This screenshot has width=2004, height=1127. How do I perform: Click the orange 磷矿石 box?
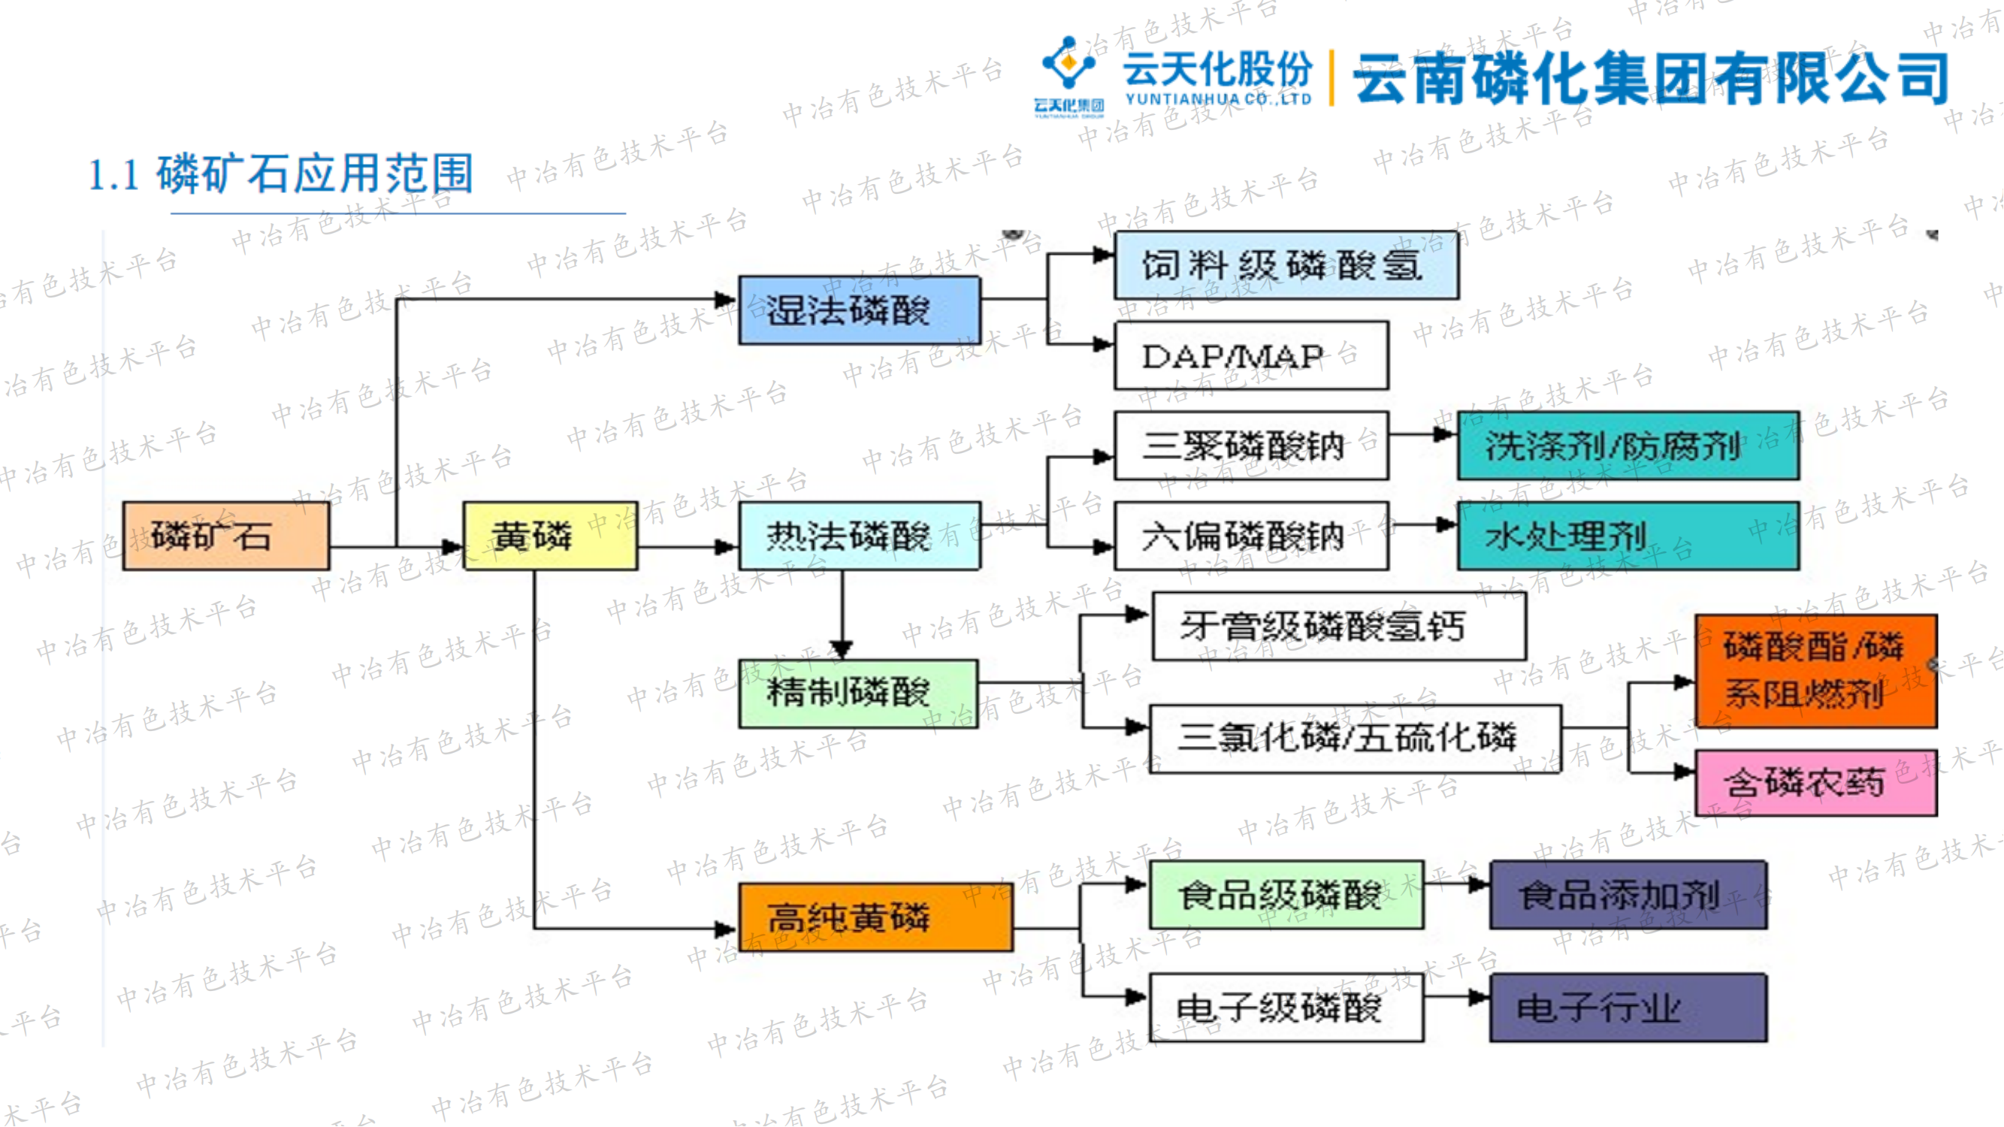coord(225,536)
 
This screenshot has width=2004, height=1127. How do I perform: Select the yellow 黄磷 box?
coord(550,536)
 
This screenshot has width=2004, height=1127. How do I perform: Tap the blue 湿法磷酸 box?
coord(859,310)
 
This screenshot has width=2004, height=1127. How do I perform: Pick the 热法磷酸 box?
coord(859,536)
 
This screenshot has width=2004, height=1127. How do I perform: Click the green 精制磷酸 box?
coord(858,693)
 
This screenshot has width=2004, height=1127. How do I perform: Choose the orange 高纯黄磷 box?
coord(875,917)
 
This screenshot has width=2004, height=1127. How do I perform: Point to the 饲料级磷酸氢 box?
coord(1286,265)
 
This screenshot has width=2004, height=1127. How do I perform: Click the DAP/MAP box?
coord(1251,355)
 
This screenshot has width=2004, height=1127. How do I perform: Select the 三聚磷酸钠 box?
coord(1251,446)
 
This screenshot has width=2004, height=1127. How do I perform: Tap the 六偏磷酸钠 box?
coord(1251,536)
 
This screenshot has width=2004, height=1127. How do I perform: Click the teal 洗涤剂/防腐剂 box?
coord(1628,446)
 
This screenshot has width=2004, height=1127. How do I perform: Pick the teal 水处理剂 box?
coord(1628,536)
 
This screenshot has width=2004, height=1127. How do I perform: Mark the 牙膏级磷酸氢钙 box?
coord(1338,626)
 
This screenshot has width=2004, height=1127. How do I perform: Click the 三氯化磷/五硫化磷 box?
coord(1355,738)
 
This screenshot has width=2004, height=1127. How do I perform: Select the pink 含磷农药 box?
coord(1815,782)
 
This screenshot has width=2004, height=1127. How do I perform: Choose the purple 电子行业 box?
coord(1628,1008)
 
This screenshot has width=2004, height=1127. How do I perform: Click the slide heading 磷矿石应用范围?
coord(315,174)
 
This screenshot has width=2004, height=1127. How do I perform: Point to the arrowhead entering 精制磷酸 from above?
coord(842,648)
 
